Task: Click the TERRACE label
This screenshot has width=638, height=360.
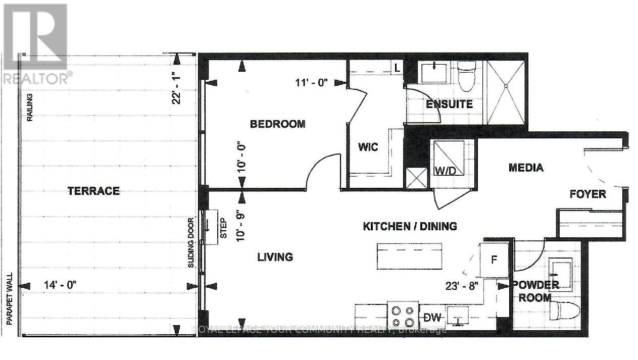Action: coord(93,191)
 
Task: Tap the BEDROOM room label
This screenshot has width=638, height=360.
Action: coord(278,124)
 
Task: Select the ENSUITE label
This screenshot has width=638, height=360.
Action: coord(449,105)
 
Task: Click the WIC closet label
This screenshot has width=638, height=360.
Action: coord(368,147)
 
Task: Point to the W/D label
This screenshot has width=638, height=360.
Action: coord(445,171)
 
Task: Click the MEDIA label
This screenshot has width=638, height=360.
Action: coord(526,168)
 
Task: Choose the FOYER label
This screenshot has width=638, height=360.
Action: coord(587,194)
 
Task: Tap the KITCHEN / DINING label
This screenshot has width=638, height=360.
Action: coord(410,226)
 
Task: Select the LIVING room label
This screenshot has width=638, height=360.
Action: coord(275,257)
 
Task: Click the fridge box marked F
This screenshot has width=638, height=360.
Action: coord(495,260)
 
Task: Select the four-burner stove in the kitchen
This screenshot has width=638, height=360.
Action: coord(403,316)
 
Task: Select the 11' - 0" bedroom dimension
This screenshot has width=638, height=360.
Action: coord(312,83)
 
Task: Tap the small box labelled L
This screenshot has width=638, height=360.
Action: coord(397,67)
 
